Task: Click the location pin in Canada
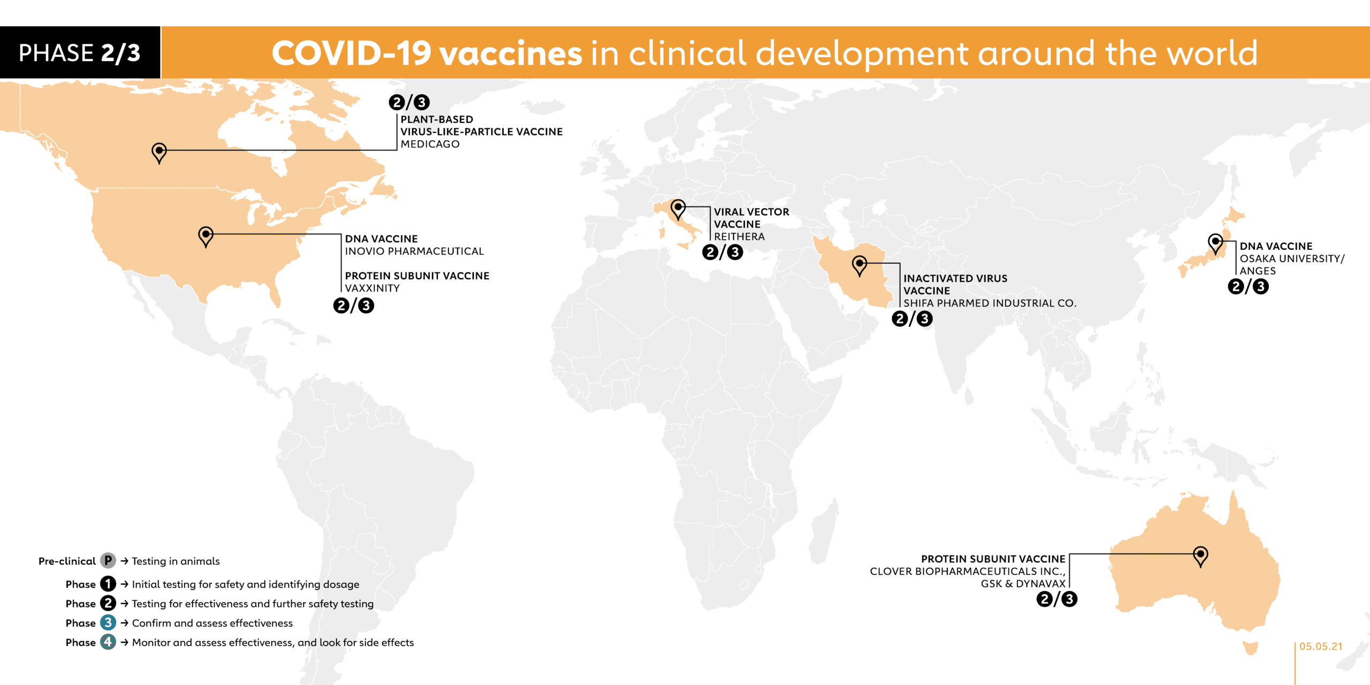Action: [x=159, y=153]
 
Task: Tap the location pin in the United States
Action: [x=205, y=237]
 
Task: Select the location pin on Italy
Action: [x=678, y=209]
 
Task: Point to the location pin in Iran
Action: [x=859, y=265]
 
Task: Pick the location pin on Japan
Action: [x=1215, y=243]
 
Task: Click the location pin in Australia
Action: [x=1200, y=556]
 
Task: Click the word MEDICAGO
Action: [x=430, y=144]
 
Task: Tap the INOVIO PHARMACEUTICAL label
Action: [x=414, y=251]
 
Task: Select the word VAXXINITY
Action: [x=372, y=288]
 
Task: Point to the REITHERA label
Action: [x=739, y=237]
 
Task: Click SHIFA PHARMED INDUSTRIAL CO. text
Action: [x=990, y=303]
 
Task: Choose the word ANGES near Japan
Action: [x=1258, y=271]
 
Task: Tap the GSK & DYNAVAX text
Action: [x=1023, y=583]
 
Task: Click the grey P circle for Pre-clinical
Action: [x=108, y=560]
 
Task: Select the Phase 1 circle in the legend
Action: [x=108, y=584]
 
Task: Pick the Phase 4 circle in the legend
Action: [x=108, y=642]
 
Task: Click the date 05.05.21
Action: [x=1321, y=646]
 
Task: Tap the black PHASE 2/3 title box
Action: [x=80, y=52]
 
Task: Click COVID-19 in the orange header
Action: [x=352, y=54]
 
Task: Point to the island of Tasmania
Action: [x=1251, y=648]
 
